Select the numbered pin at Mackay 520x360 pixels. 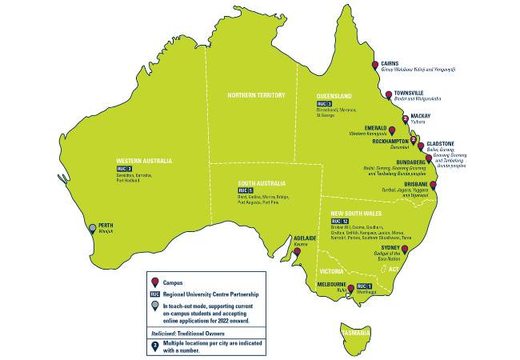pos(405,119)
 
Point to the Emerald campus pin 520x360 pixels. pos(391,128)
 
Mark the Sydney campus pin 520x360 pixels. pos(405,250)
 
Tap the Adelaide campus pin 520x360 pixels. pos(297,252)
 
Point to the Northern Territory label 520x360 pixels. pos(256,95)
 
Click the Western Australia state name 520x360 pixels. pos(145,159)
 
